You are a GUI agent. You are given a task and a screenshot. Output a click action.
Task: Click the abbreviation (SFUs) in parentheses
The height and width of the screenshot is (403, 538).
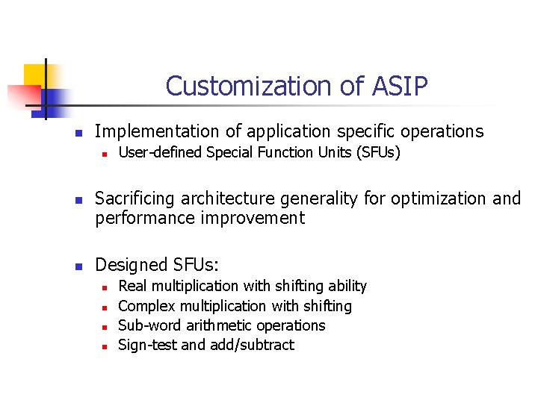click(377, 153)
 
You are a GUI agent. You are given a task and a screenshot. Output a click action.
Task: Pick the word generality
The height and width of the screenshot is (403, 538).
click(321, 199)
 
